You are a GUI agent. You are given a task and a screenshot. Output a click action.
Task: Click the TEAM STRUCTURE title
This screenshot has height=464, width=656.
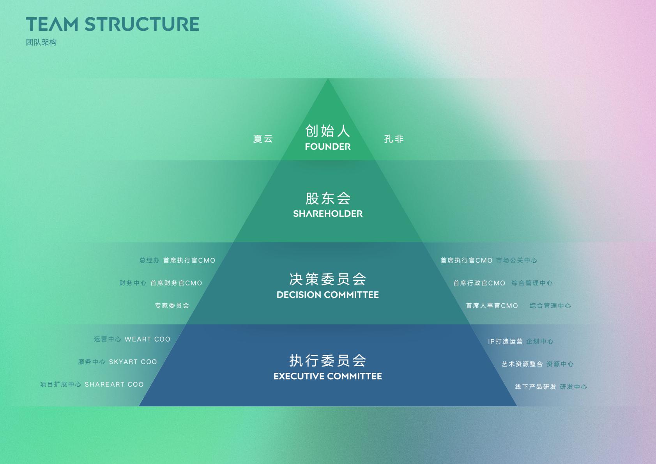point(113,24)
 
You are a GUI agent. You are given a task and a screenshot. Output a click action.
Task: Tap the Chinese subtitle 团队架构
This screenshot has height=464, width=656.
point(41,43)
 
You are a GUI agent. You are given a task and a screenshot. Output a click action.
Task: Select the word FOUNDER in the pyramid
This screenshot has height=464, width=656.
point(328,147)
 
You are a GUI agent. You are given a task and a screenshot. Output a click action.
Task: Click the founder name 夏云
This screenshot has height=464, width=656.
point(263,139)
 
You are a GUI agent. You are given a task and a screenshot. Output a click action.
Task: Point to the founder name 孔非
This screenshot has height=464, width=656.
point(394,139)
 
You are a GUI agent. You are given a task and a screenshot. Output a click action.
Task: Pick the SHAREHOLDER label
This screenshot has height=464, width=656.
point(328,214)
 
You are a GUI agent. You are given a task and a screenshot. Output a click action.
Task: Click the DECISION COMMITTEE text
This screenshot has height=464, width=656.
point(328,295)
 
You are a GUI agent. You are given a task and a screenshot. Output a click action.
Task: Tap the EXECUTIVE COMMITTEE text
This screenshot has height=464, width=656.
point(328,376)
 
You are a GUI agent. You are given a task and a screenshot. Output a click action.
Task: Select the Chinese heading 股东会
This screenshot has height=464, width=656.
point(328,198)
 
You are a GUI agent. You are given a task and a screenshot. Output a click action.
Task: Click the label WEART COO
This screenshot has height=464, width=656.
point(147,339)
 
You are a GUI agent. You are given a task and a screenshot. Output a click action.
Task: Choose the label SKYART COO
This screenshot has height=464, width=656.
point(133,362)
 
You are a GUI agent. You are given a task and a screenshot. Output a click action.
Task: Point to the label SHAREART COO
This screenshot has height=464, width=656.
point(114,384)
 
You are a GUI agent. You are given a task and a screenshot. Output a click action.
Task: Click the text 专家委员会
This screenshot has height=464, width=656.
point(172,306)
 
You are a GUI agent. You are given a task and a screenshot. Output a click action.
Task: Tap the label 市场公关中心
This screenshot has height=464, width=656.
point(516,260)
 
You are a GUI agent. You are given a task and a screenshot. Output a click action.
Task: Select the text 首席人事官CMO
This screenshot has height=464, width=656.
point(492,306)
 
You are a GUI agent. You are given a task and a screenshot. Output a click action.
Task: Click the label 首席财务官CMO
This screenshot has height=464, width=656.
point(176,283)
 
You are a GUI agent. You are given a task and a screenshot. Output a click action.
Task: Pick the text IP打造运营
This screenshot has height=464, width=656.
point(505,342)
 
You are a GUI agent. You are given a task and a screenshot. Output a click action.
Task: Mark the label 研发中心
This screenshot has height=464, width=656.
point(573,387)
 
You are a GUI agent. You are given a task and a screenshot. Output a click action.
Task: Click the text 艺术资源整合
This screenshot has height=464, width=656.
point(522,364)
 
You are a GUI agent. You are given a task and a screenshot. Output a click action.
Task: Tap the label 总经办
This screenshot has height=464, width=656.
point(149,260)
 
